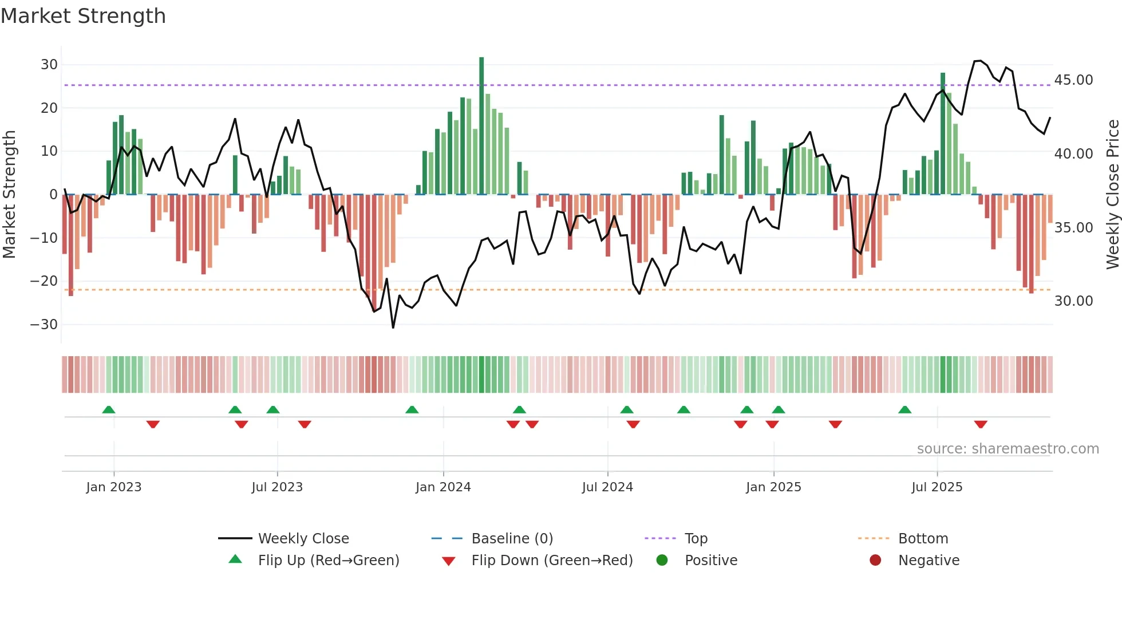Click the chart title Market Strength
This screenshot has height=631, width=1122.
83,16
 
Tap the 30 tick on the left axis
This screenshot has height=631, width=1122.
49,65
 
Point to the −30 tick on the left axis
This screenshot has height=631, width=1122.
45,325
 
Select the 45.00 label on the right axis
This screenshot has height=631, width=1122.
1073,80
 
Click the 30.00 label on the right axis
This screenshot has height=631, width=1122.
1073,301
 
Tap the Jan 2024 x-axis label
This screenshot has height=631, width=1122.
443,487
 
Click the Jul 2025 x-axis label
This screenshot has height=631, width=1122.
937,487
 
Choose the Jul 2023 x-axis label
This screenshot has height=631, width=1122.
277,487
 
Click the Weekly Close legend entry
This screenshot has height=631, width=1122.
303,539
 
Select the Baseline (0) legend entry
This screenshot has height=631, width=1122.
512,539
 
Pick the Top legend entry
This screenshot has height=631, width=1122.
696,539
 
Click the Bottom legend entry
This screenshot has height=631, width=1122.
923,539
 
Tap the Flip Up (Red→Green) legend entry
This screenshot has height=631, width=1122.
328,561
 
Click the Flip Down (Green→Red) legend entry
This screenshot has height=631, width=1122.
552,561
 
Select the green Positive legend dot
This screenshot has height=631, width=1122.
662,561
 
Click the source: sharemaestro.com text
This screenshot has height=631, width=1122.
1008,449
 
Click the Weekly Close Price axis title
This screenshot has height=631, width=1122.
1112,195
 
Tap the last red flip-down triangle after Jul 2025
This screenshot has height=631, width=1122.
981,424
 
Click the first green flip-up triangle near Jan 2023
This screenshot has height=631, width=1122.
109,409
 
